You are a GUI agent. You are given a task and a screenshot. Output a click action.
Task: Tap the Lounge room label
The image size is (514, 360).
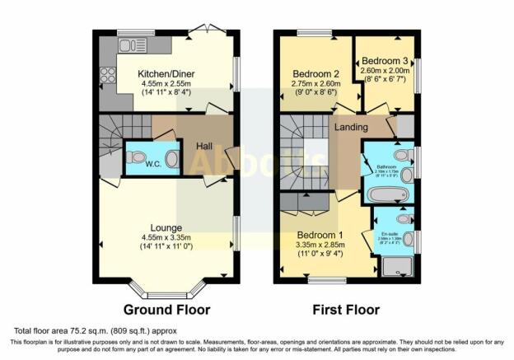point(166,227)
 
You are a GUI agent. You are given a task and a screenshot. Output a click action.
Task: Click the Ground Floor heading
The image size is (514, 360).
point(166,311)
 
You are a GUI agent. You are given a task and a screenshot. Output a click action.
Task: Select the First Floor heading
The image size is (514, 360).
point(345,311)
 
